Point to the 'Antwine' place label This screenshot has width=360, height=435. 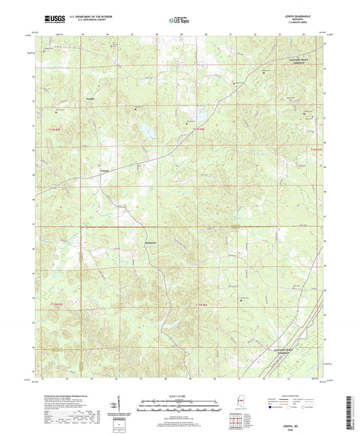pyautogui.click(x=152, y=240)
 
